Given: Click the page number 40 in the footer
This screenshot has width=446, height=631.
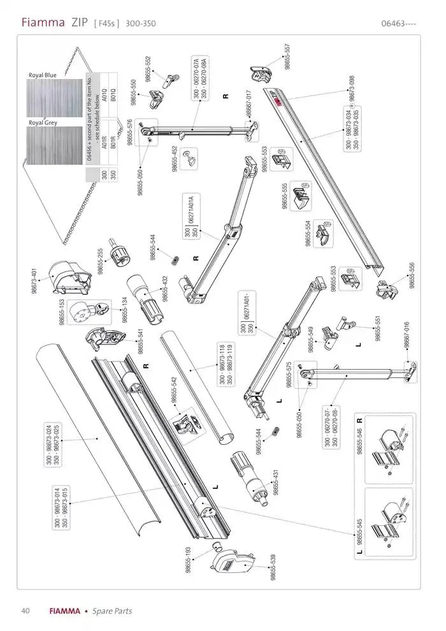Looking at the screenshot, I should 25,611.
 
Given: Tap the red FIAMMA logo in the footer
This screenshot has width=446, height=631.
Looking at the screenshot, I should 65,611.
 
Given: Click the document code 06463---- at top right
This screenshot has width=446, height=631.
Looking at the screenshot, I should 398,24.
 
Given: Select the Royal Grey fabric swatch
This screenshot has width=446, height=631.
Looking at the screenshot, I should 55,145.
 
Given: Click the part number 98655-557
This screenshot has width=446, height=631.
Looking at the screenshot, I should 287,57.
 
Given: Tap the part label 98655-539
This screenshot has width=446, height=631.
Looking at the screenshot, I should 273,567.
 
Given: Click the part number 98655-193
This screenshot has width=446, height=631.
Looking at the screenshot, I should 189,560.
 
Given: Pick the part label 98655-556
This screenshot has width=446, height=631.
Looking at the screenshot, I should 412,276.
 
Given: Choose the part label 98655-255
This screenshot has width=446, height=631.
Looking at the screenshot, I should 101,261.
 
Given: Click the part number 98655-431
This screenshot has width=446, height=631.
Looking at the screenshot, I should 275,482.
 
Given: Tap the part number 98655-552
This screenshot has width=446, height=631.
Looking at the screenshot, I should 148,68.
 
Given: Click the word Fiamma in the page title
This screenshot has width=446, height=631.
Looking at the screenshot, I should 43,23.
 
